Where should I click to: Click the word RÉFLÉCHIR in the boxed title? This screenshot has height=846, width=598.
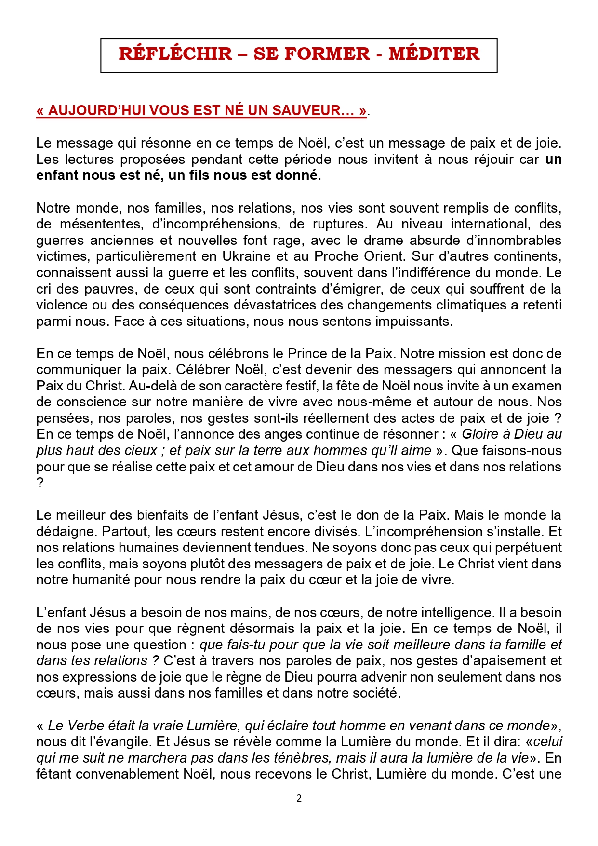pyautogui.click(x=175, y=54)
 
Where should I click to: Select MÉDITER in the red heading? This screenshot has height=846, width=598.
pyautogui.click(x=434, y=54)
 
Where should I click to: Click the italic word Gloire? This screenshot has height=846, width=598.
pyautogui.click(x=480, y=434)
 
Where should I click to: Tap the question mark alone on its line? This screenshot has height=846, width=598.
pyautogui.click(x=40, y=483)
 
